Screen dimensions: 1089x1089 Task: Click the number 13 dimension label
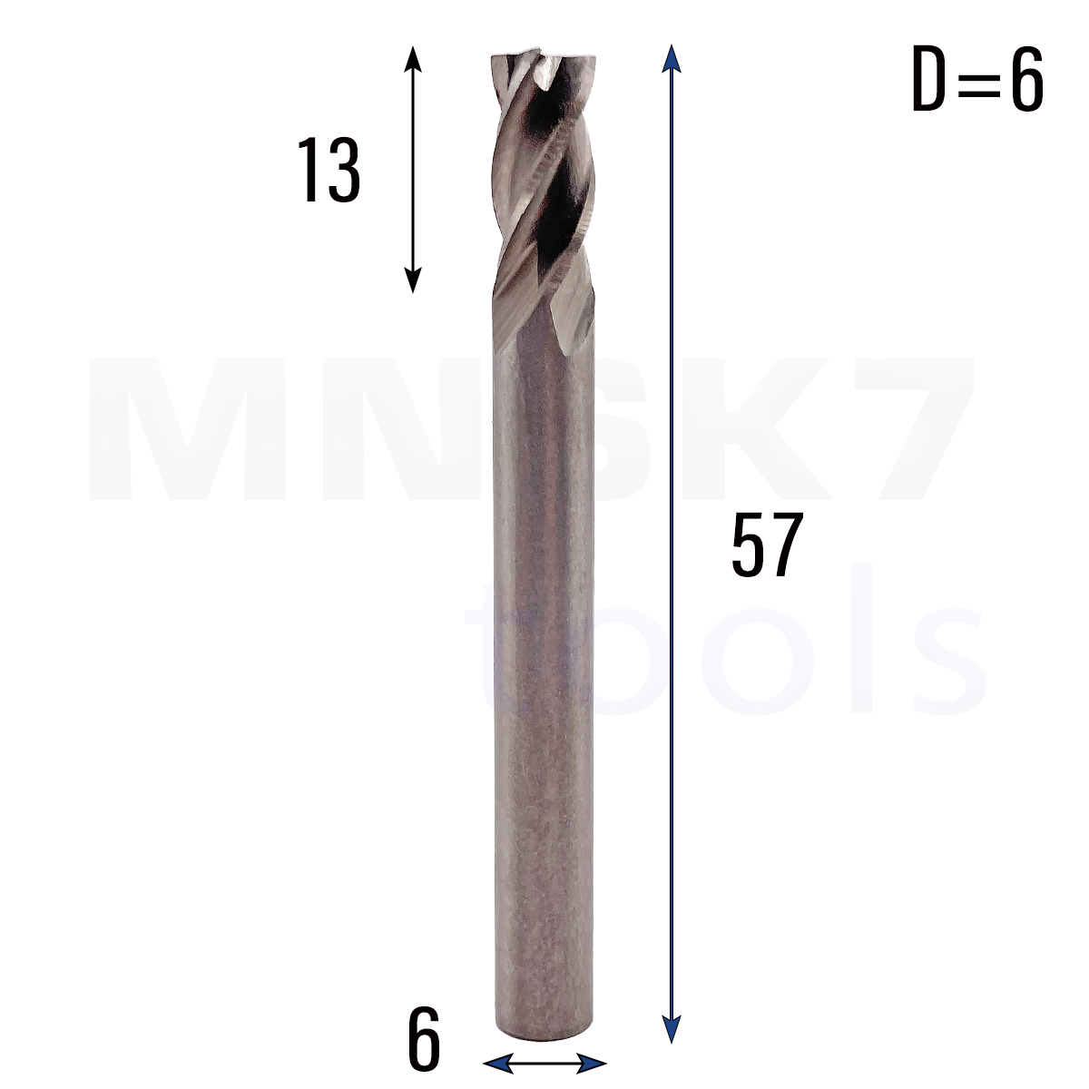tap(329, 170)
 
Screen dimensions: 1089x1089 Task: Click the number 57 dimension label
tap(767, 544)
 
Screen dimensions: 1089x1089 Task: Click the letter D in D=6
tap(928, 79)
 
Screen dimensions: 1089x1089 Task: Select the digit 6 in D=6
tap(1026, 79)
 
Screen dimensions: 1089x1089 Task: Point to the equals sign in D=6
tap(977, 80)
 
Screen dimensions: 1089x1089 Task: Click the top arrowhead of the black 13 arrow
tap(413, 57)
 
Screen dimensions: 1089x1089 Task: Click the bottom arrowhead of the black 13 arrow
tap(413, 280)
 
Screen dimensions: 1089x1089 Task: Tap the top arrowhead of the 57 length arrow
tap(671, 59)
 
